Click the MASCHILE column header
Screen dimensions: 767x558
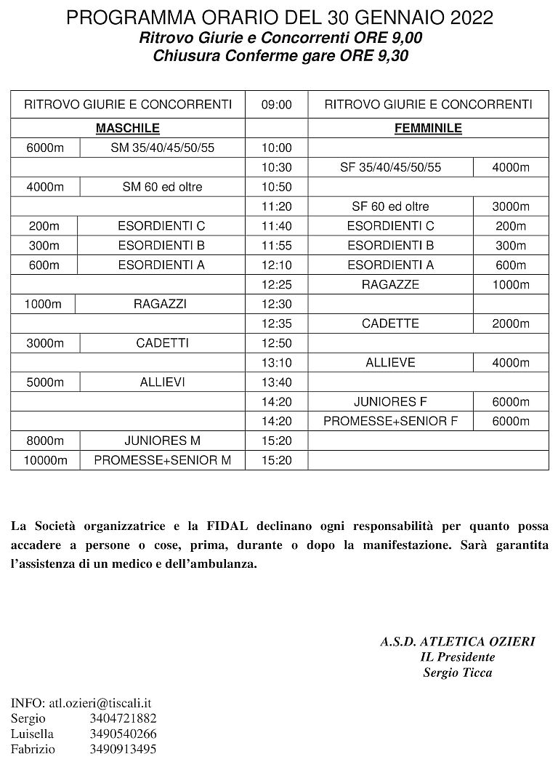(128, 129)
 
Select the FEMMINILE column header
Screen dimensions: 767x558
(428, 129)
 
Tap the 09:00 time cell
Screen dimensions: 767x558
(276, 105)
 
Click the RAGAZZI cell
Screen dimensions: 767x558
(160, 304)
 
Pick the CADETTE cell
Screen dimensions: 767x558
(390, 324)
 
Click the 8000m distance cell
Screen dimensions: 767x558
(45, 441)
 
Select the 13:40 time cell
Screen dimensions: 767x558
(276, 382)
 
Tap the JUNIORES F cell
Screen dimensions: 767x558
(390, 401)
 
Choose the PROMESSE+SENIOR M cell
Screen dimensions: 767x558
(163, 460)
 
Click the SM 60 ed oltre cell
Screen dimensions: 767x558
(162, 187)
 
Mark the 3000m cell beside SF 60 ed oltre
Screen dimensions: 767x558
(510, 206)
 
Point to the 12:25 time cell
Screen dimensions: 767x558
(276, 284)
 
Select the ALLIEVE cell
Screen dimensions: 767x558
(390, 362)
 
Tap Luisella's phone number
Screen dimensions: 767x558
(123, 734)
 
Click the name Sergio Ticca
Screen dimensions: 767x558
(457, 672)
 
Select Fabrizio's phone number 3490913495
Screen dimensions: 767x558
(123, 749)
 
